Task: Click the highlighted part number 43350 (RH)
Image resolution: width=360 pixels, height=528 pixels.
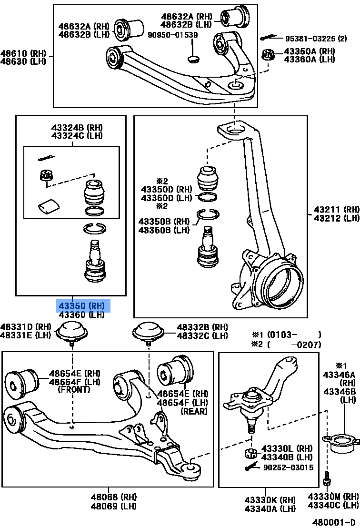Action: pyautogui.click(x=81, y=305)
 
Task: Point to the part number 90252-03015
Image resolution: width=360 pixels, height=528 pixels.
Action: pyautogui.click(x=289, y=467)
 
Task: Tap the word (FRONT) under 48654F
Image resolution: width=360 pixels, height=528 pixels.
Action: pyautogui.click(x=73, y=389)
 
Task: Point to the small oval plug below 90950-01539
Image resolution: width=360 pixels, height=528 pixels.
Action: pyautogui.click(x=193, y=59)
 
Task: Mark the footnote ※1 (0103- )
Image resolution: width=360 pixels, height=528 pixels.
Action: pyautogui.click(x=286, y=335)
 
